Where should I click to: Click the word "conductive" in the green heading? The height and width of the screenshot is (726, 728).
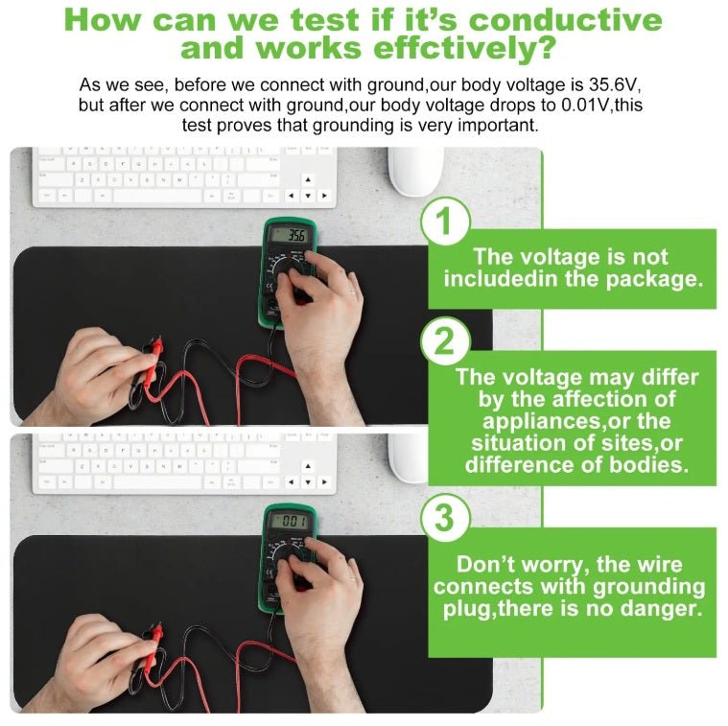tap(566, 20)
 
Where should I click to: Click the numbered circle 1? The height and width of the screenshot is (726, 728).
tap(445, 221)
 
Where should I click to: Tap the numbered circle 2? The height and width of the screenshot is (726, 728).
tap(445, 341)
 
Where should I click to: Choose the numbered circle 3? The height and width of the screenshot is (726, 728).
tap(445, 517)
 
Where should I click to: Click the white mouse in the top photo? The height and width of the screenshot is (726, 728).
tap(415, 172)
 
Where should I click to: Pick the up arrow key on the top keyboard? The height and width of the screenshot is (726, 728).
tap(307, 179)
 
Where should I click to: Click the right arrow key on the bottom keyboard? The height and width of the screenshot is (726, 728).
tap(324, 481)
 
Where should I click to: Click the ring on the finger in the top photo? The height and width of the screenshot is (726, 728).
tap(352, 293)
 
